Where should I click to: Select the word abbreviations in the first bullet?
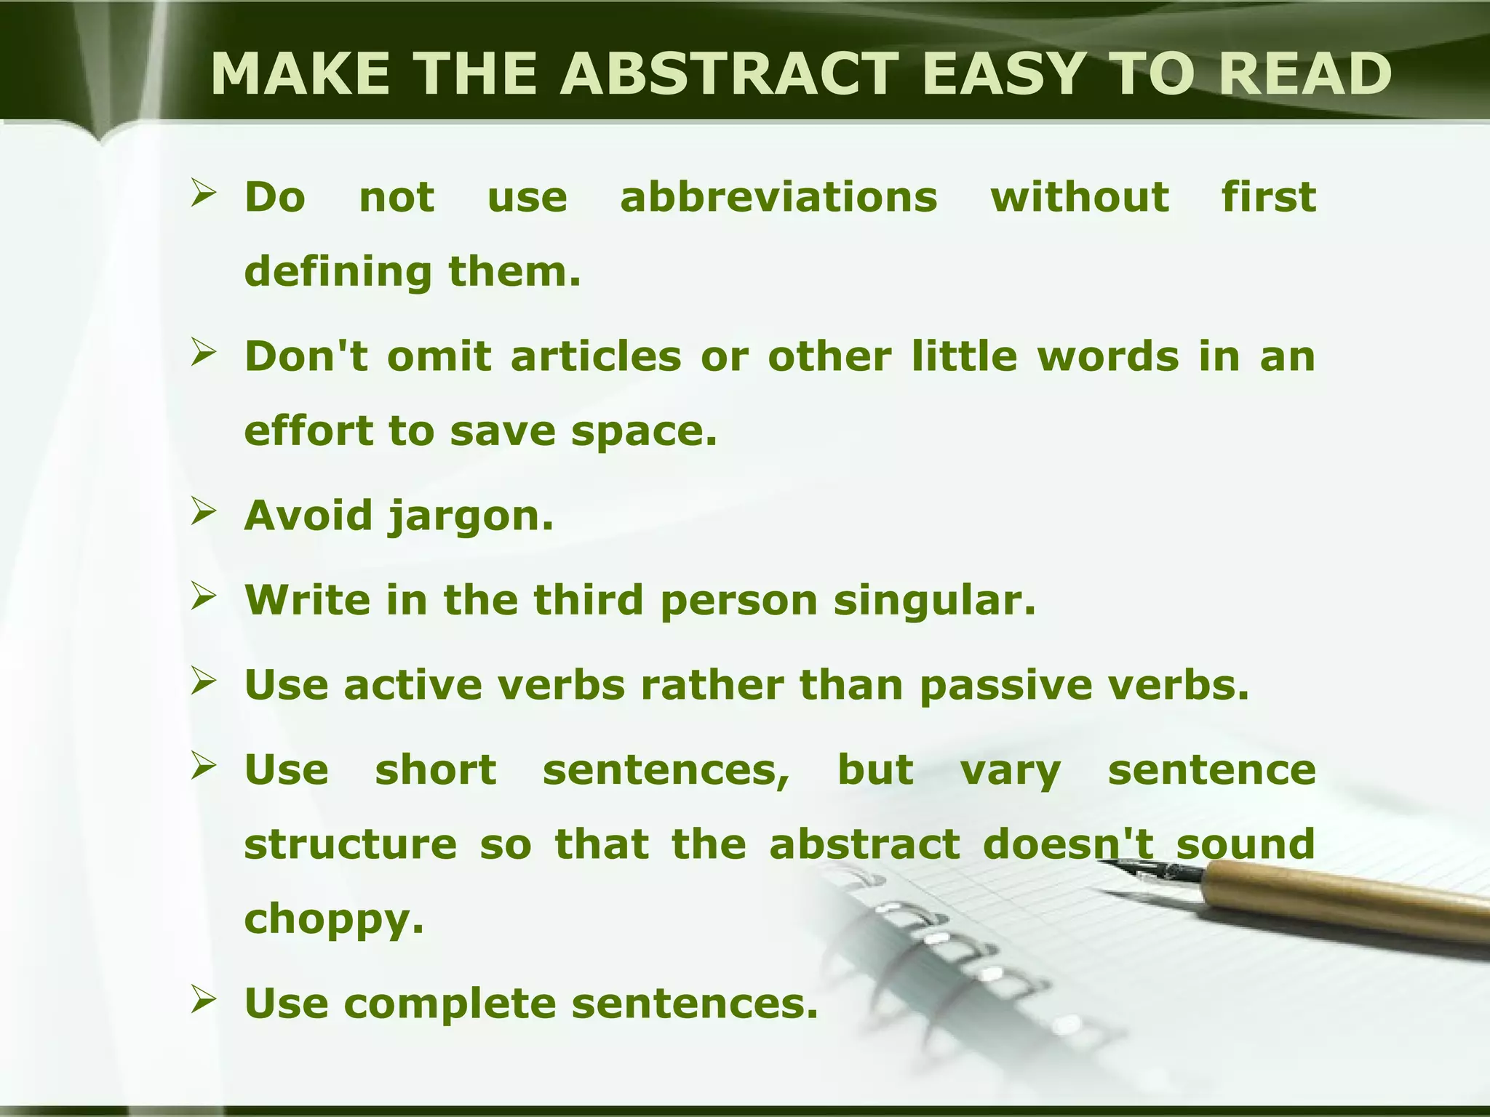pyautogui.click(x=778, y=197)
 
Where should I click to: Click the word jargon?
pyautogui.click(x=470, y=518)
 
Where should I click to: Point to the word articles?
pyautogui.click(x=596, y=356)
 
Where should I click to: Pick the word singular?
pyautogui.click(x=934, y=600)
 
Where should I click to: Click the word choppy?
pyautogui.click(x=333, y=919)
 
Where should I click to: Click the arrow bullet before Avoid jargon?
pyautogui.click(x=204, y=513)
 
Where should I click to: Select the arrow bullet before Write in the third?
pyautogui.click(x=204, y=598)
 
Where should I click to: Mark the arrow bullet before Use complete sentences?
pyautogui.click(x=204, y=1001)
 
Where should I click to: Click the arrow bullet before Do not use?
pyautogui.click(x=204, y=194)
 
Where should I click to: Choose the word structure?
pyautogui.click(x=350, y=844)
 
